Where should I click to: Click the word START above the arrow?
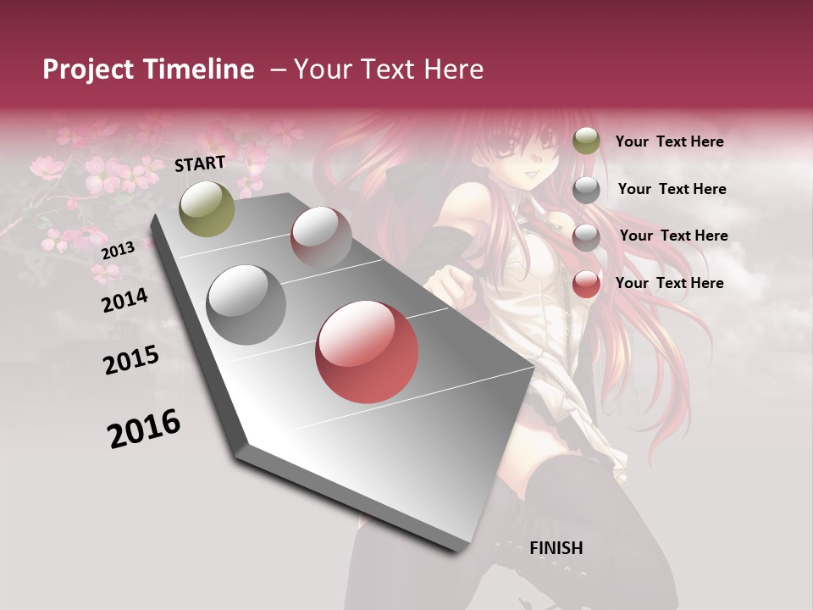coord(200,164)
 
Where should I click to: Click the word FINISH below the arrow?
coord(556,548)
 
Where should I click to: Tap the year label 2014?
coord(124,300)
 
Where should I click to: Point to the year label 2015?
coord(130,360)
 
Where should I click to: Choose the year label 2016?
coord(144,429)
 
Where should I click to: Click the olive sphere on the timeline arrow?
coord(207,208)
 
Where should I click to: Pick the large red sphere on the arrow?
coord(367,352)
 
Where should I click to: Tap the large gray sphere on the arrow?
coord(246,304)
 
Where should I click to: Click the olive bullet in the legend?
coord(586,141)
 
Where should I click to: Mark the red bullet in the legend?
coord(586,284)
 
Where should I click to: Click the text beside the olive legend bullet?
coord(669,141)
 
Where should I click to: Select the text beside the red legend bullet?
coord(669,283)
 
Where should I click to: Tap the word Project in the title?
coord(88,69)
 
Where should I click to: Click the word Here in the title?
coord(452,69)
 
